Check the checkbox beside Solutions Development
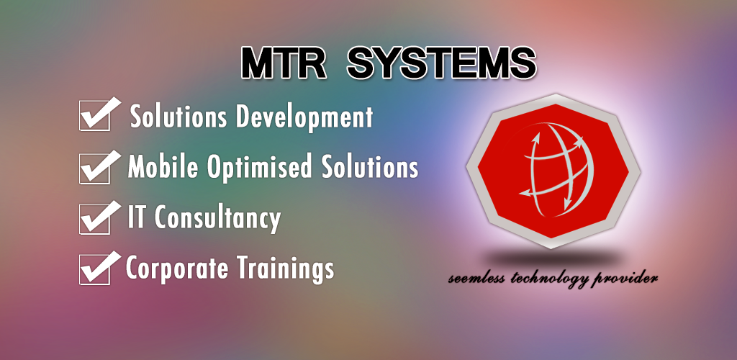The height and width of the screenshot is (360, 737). [94, 117]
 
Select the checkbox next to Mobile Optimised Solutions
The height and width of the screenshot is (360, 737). [94, 168]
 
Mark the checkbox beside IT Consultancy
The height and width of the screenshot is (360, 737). [94, 218]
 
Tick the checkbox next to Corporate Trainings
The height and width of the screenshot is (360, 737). [94, 269]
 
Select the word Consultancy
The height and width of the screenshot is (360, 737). [220, 218]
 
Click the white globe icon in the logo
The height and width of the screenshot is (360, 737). [552, 167]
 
